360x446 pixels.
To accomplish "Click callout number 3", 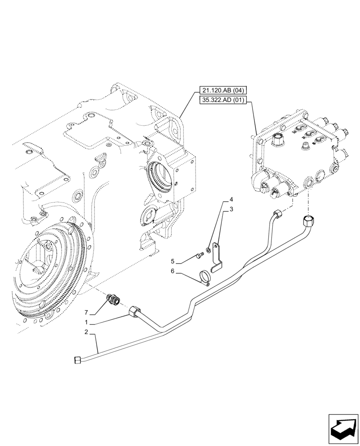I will click(x=231, y=209).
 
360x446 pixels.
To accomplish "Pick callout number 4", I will click(x=231, y=199).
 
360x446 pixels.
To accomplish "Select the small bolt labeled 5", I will click(x=199, y=256).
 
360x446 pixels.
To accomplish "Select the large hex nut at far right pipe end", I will click(x=308, y=220).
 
